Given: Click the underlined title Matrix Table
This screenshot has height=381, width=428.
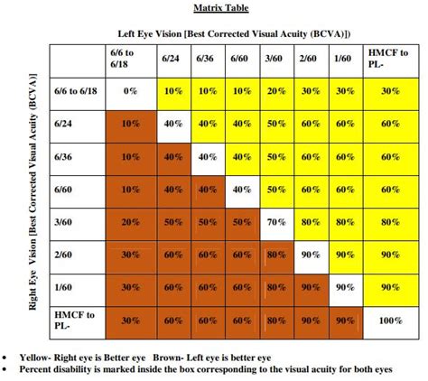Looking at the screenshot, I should pos(220,8).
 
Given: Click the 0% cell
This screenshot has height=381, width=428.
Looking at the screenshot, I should pos(130,90).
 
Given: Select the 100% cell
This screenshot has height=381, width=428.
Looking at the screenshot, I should pos(390,321).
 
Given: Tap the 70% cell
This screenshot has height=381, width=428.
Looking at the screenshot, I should pos(275,221).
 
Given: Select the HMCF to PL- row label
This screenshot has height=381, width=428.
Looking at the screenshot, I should pos(77,320).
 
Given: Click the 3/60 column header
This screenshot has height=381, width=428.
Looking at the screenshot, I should pos(274,58).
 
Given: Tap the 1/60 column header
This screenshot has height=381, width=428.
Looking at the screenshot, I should pos(342,58).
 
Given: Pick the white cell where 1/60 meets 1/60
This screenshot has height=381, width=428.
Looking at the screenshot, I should pos(343,287).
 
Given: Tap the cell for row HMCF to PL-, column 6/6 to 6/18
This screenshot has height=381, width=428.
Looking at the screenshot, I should pos(130,321).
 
